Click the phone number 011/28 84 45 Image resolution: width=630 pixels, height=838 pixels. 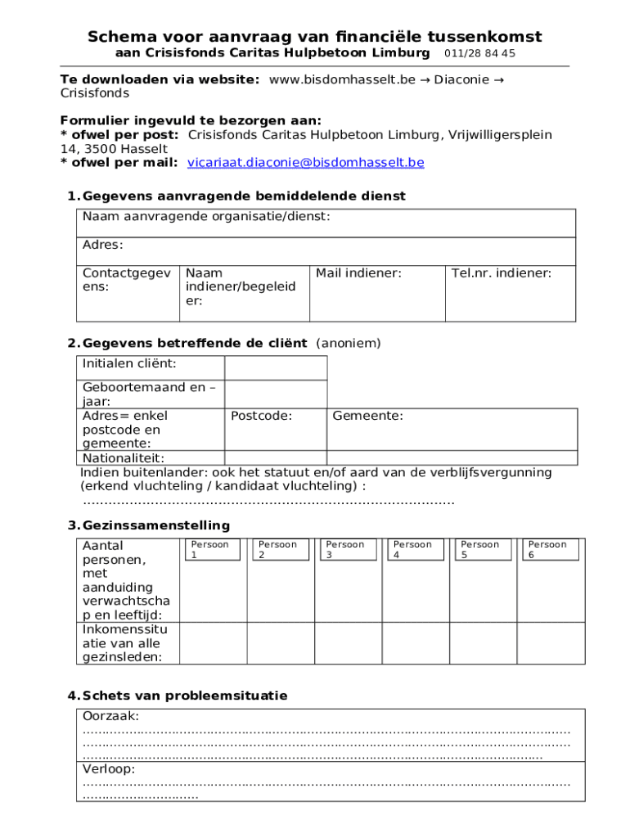[x=479, y=53]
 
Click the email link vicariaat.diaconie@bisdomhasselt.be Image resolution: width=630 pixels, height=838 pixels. [x=305, y=163]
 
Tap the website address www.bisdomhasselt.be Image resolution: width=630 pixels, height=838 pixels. [x=342, y=79]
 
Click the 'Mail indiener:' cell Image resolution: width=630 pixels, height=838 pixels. [x=358, y=273]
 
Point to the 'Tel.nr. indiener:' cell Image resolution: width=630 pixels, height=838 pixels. [x=501, y=273]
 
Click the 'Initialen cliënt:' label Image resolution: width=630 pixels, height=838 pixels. [x=129, y=363]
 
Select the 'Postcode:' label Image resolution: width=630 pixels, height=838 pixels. [x=261, y=417]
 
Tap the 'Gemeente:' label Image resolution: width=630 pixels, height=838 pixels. [x=367, y=417]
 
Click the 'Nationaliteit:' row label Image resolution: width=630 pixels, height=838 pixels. [x=123, y=458]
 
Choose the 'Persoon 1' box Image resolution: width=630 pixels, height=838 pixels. [x=209, y=549]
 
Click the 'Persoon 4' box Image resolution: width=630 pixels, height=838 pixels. [x=412, y=549]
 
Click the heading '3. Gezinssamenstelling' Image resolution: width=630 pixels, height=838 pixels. [x=148, y=525]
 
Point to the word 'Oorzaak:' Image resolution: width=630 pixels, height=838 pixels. [x=110, y=717]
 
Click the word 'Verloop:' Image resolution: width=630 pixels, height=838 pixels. [x=109, y=769]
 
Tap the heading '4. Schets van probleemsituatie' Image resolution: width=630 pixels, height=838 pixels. [x=177, y=696]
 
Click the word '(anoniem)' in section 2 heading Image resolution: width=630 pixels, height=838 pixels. [x=348, y=343]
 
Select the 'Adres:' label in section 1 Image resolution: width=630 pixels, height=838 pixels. [x=102, y=246]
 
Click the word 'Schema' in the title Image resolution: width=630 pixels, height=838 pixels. [x=124, y=37]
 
